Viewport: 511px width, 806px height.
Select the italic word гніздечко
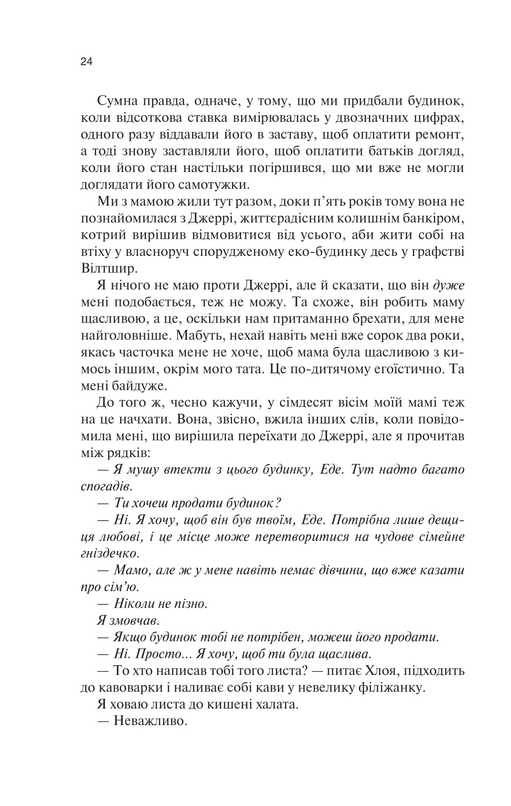pyautogui.click(x=110, y=554)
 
